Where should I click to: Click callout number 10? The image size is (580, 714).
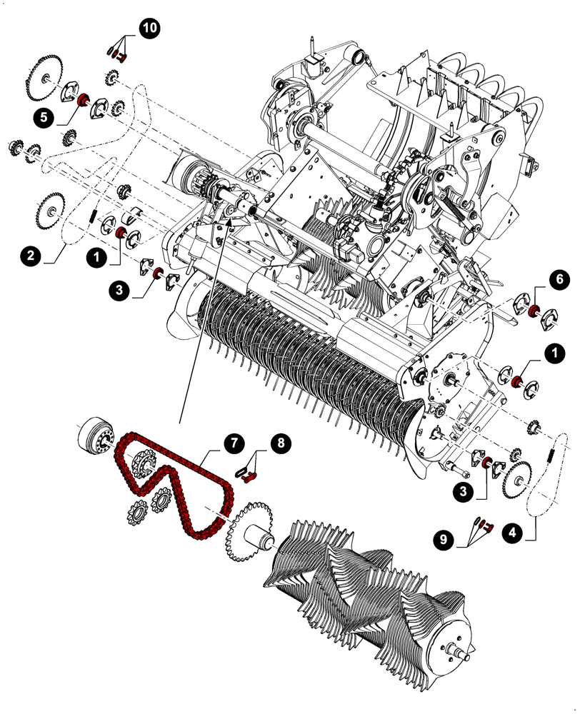[x=151, y=30]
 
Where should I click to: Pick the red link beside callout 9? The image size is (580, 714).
[x=488, y=527]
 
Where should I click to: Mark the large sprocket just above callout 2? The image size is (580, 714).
[x=50, y=210]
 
